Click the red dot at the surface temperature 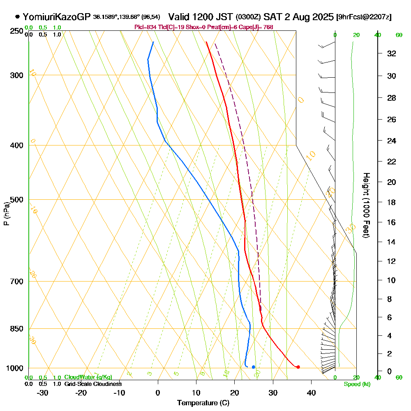click(298, 367)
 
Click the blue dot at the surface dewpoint click(253, 367)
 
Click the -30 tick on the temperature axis click(43, 393)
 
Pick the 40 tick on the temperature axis click(311, 393)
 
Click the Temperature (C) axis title click(203, 403)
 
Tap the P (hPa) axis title click(6, 213)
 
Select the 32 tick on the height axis click(392, 53)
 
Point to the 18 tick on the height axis click(392, 202)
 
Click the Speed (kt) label click(357, 384)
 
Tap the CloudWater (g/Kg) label click(88, 377)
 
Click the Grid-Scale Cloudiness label click(93, 384)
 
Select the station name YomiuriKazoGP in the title click(57, 17)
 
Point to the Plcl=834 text click(146, 27)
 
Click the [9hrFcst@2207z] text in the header click(364, 17)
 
